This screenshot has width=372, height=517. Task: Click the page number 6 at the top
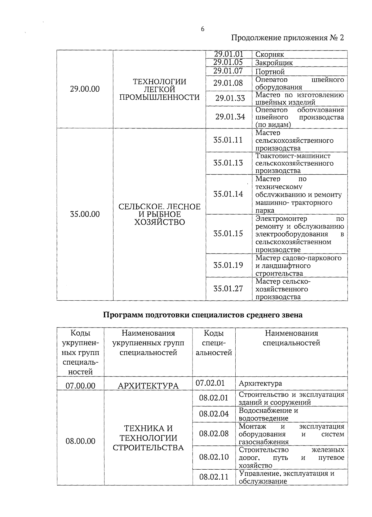202,29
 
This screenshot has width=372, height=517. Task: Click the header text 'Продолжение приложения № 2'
288,38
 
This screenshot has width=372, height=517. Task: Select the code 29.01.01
228,54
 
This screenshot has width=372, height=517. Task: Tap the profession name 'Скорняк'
269,55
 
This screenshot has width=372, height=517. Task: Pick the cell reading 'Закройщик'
274,63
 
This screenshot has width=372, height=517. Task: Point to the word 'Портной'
270,72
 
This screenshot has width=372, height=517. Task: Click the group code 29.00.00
85,89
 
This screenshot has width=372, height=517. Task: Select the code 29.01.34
230,117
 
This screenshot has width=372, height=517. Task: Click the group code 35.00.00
85,214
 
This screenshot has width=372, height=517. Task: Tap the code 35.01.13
228,163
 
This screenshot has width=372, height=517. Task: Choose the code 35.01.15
228,233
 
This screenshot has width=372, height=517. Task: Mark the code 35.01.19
228,265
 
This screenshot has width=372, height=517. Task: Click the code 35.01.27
228,289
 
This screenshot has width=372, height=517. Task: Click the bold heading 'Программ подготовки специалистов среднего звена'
203,315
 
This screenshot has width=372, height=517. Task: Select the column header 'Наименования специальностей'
291,338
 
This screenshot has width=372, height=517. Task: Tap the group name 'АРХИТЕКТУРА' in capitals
148,386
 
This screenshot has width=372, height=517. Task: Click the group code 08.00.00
80,441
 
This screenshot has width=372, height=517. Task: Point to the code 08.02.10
214,457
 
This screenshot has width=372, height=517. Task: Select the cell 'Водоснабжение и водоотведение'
268,414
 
